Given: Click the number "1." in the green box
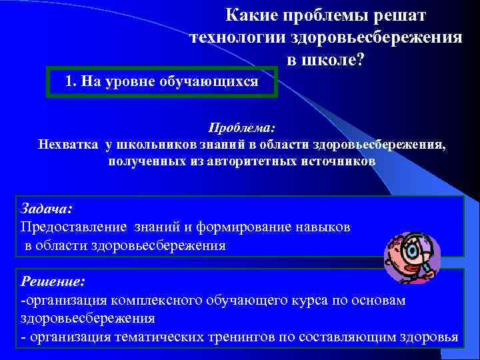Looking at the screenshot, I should pyautogui.click(x=73, y=81).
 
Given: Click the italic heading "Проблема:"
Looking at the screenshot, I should pyautogui.click(x=241, y=127).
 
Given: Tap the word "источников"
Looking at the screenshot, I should pyautogui.click(x=341, y=161).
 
